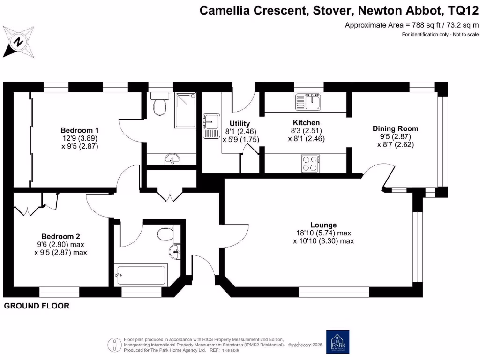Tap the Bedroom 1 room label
coord(79,130)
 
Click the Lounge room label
coord(323,225)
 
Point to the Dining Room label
coord(395,128)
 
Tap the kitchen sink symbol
coord(308,101)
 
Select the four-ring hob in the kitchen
coord(309,164)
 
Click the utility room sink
coord(211,126)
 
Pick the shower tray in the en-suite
coord(186,110)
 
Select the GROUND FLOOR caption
coord(37,306)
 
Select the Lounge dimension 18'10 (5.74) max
coord(323,232)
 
